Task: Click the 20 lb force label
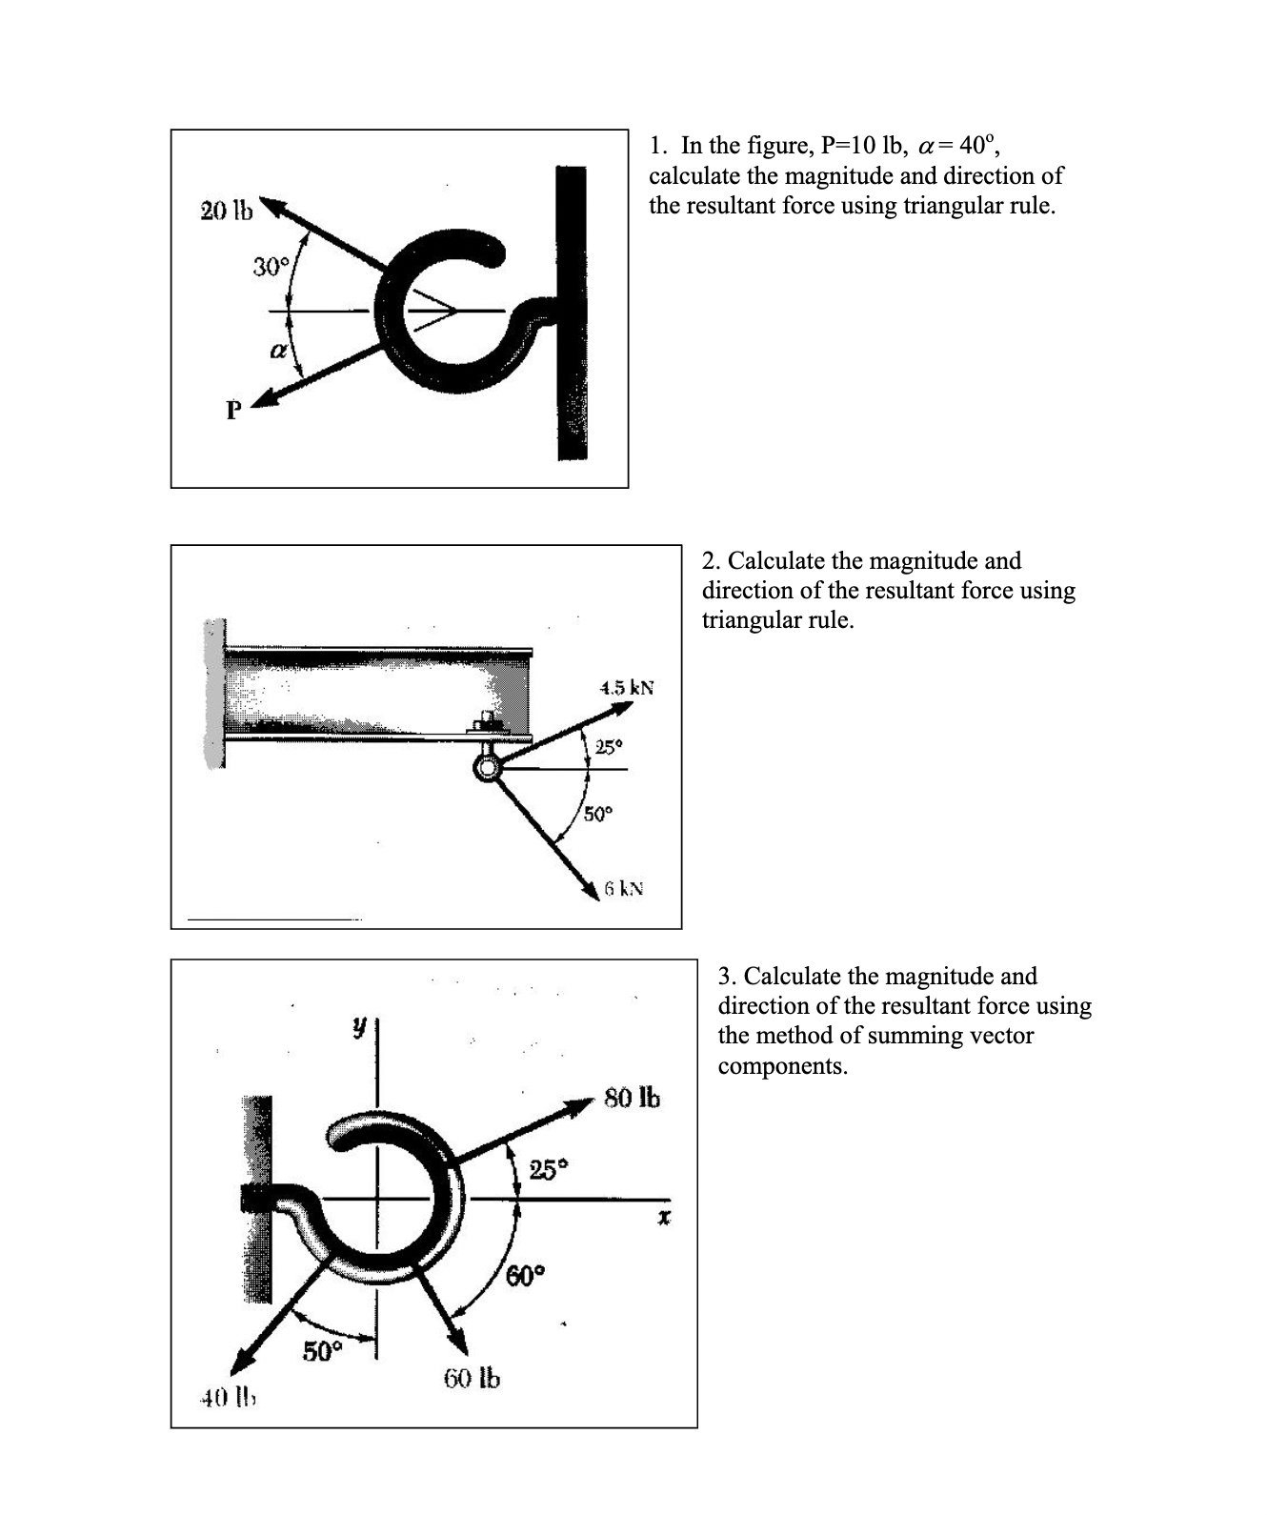point(227,211)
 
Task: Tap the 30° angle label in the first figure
point(269,267)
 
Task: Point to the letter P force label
point(231,412)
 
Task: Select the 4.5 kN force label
point(626,687)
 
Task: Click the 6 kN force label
point(624,889)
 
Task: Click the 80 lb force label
point(632,1098)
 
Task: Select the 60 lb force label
point(472,1378)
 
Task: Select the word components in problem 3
point(782,1065)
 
